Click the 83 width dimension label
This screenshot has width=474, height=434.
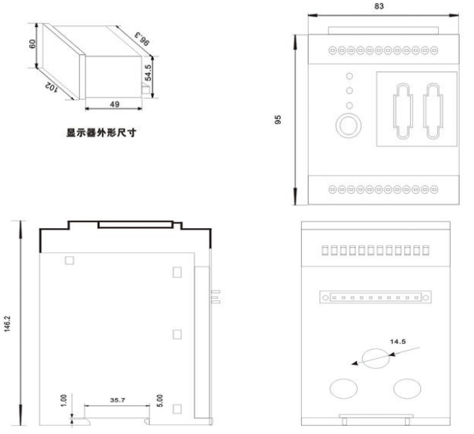[379, 6]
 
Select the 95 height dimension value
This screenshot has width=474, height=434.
[278, 119]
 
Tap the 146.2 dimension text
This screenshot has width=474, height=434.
[8, 324]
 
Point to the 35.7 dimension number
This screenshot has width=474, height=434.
[118, 400]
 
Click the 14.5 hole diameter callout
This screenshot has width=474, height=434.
[397, 342]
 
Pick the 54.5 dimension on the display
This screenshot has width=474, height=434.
[148, 73]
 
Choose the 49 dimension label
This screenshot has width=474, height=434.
[115, 104]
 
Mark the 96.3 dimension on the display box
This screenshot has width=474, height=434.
[142, 39]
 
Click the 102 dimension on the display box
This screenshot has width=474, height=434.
[51, 87]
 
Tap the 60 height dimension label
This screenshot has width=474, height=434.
[32, 44]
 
